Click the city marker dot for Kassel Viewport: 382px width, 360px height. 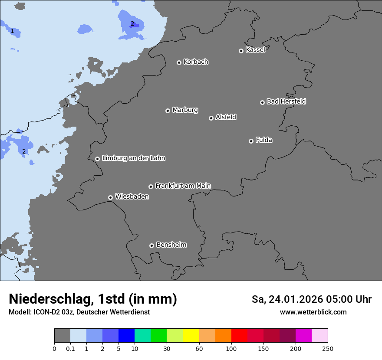(241, 51)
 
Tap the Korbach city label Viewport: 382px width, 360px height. (196, 62)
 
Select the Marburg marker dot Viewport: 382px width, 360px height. (168, 111)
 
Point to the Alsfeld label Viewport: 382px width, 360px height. (226, 117)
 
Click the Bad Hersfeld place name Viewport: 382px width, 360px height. (286, 101)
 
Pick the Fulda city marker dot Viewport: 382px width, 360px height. (251, 141)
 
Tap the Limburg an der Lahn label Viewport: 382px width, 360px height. (133, 158)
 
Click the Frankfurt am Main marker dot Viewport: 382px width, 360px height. (151, 187)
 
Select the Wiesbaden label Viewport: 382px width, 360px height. (132, 197)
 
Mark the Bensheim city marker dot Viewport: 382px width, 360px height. (151, 245)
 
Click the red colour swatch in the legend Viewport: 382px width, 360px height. (239, 336)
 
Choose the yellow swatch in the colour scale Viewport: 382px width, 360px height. (191, 336)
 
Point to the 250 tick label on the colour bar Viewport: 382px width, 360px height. (328, 349)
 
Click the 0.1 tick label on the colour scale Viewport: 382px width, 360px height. (70, 349)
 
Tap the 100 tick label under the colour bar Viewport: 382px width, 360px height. (231, 349)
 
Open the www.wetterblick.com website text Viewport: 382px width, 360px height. (313, 312)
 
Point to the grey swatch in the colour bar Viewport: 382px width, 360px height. (62, 336)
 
